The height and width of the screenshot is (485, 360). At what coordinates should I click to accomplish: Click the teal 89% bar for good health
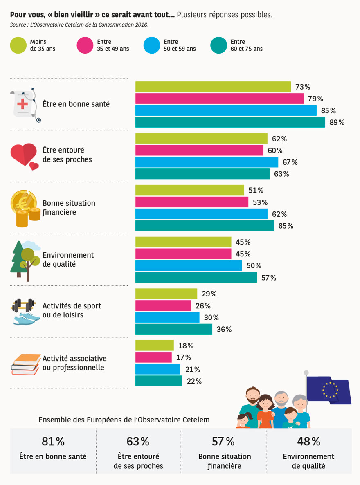tap(230, 122)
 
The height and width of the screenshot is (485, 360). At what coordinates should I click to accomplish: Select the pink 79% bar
tap(219, 99)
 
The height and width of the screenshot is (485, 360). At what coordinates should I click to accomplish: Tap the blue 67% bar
tap(207, 162)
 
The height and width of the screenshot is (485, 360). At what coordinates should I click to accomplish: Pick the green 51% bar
tap(189, 190)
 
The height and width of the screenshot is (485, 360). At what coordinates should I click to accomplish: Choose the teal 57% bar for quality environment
tap(196, 278)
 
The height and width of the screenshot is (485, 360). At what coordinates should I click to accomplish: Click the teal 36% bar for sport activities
tap(174, 329)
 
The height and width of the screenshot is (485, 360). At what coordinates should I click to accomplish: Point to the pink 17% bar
tap(153, 357)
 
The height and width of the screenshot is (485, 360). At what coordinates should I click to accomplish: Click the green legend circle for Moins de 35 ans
tap(18, 45)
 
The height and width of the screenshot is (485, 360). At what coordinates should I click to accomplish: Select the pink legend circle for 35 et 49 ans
tap(85, 45)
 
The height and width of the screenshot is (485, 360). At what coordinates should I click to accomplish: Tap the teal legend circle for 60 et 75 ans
tap(218, 45)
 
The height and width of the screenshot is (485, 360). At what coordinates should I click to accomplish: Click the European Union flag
tap(328, 390)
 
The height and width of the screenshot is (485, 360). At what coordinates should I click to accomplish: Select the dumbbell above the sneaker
tap(23, 305)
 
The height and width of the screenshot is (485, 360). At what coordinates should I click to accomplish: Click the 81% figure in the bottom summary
tap(53, 442)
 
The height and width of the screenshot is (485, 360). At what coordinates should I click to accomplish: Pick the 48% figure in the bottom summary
tap(309, 442)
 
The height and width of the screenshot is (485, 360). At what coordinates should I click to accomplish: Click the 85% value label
tap(328, 111)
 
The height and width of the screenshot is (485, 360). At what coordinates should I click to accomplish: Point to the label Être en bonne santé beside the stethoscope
tap(76, 104)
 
